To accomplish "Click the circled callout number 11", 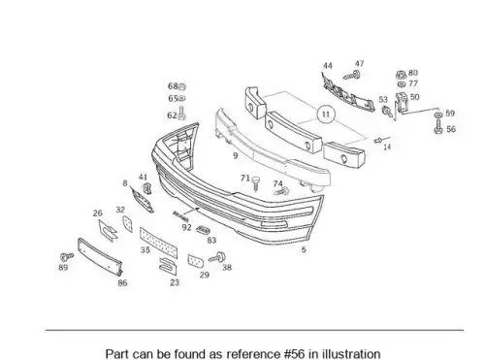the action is click(x=326, y=115).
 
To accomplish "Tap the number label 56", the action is click(x=451, y=129).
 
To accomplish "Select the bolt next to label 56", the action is click(x=438, y=126).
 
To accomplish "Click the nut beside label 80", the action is click(x=401, y=75).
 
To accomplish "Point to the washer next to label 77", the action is click(x=402, y=84).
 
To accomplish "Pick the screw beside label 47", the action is click(x=351, y=76).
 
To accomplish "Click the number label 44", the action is click(x=328, y=66).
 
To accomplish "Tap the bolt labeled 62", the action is click(x=181, y=114).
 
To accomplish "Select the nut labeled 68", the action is click(x=181, y=86).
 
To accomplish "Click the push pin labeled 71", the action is click(x=256, y=183).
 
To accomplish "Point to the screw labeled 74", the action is click(x=281, y=191).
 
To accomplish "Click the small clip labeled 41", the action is click(x=147, y=188).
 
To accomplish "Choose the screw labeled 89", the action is click(x=67, y=257).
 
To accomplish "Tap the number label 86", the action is click(x=122, y=283).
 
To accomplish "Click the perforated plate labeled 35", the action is click(x=158, y=243).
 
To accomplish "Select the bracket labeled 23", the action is click(x=168, y=266).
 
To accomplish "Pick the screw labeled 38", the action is click(x=217, y=257).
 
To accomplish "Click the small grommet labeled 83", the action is click(x=203, y=230).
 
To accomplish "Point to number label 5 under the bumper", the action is click(x=304, y=249).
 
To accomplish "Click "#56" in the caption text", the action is click(x=295, y=353).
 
